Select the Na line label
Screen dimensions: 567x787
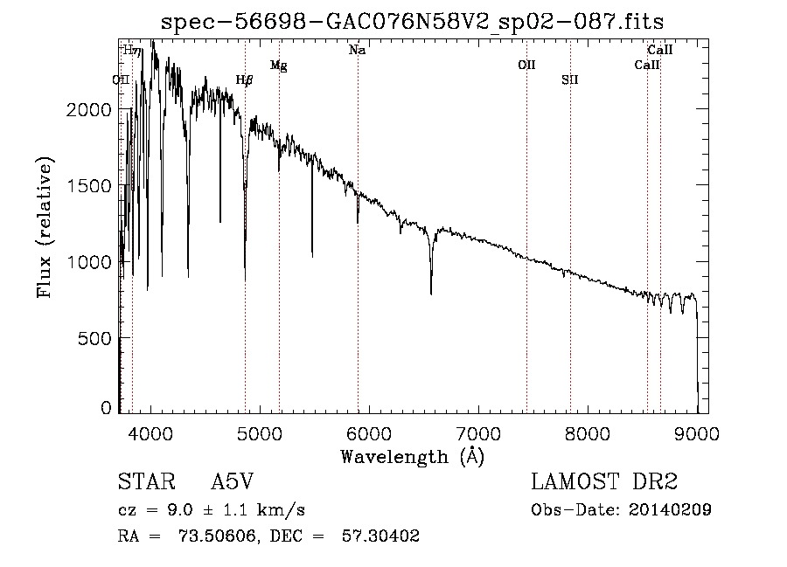357,51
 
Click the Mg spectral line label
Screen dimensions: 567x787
278,66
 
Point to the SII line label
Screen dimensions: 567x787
570,80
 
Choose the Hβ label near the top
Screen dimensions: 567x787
245,80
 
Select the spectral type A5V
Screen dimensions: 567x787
233,483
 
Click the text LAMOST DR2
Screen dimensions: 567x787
604,483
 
